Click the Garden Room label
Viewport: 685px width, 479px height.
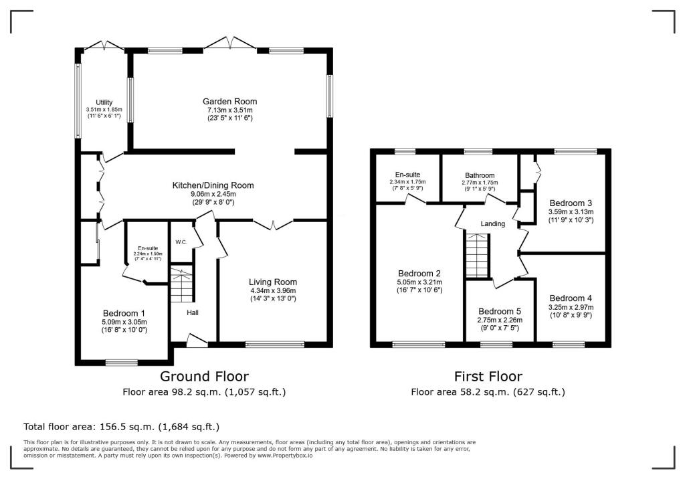point(230,102)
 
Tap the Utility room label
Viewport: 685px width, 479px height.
point(104,102)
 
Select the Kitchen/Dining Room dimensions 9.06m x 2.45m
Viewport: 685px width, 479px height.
point(213,194)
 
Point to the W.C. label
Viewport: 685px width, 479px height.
point(181,242)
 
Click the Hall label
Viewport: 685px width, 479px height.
point(193,312)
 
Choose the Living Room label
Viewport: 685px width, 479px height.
point(273,282)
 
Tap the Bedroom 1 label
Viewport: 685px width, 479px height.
point(124,313)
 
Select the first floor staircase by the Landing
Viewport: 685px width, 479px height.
point(476,256)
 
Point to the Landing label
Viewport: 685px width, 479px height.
point(493,223)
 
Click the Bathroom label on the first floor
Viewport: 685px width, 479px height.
point(480,175)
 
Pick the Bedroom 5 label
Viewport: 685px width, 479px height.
point(500,312)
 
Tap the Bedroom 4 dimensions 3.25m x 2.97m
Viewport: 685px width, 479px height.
point(571,307)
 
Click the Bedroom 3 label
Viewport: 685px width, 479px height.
point(571,203)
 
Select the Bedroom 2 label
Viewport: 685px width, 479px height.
point(419,274)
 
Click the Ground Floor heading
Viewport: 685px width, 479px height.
point(205,376)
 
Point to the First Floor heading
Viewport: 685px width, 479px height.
point(488,376)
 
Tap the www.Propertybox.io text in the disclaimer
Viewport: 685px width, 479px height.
point(285,456)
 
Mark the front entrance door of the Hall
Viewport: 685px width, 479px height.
point(197,341)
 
